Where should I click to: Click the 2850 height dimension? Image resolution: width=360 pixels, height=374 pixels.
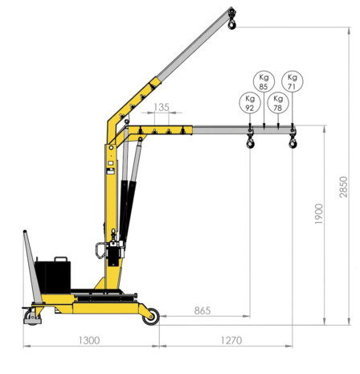(344, 187)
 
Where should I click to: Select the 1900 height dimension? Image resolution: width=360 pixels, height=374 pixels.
(320, 213)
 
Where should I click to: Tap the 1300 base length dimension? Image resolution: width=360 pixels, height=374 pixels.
(89, 340)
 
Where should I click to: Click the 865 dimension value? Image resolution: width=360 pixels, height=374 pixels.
(202, 310)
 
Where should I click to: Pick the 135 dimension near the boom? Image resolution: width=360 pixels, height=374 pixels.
(161, 107)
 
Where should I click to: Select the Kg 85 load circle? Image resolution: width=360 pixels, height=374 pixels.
(264, 82)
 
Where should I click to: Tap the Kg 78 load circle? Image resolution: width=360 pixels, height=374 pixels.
(278, 102)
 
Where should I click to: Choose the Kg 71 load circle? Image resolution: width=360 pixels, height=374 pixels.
(292, 82)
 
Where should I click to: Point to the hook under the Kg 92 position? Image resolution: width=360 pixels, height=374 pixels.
(251, 142)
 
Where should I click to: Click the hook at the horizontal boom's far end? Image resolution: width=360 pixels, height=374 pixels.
(292, 142)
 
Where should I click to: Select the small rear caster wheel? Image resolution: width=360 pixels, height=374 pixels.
(33, 319)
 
